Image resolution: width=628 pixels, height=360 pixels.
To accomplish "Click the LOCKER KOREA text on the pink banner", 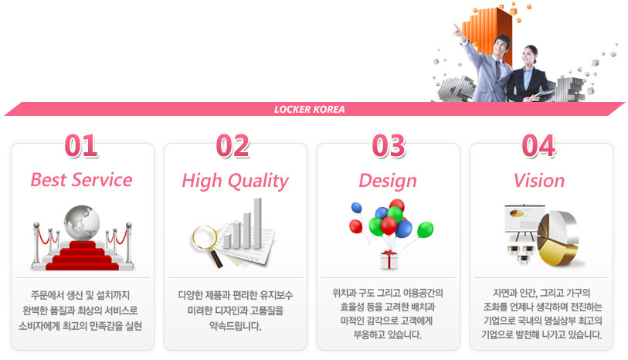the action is (309, 110).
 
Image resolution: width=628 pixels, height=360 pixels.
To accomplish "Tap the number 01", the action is (81, 146).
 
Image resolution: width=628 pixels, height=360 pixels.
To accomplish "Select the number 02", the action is (233, 146).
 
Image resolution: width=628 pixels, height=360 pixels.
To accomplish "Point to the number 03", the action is (389, 146).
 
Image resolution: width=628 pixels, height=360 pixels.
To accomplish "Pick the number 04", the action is (538, 146).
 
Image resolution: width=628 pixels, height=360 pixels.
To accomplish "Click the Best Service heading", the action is (81, 180).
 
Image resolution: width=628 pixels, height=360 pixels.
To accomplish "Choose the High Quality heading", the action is (235, 181).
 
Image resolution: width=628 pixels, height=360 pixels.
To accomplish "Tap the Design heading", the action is (388, 181).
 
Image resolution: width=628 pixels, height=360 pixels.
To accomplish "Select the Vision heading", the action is (539, 181).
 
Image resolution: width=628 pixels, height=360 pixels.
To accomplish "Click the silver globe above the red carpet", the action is (82, 223).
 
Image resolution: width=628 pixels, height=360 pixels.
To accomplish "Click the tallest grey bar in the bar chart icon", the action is (257, 223).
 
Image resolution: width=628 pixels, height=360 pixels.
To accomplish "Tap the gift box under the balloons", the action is (389, 260).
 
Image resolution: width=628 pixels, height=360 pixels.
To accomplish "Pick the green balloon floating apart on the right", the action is (425, 230).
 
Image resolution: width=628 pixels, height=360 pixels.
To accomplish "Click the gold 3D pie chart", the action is (558, 239).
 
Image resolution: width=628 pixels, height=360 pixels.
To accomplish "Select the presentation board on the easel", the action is (524, 219).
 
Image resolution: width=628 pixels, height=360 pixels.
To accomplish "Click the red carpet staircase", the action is (82, 256).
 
